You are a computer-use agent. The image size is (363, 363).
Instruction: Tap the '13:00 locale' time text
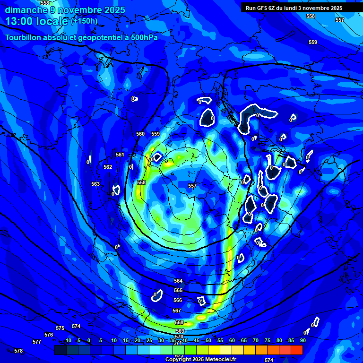(x=37, y=21)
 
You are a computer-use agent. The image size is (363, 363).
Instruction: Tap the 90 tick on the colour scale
(x=302, y=340)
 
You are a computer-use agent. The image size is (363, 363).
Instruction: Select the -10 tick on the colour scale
(x=67, y=340)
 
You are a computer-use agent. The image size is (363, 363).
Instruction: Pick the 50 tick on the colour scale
(x=208, y=340)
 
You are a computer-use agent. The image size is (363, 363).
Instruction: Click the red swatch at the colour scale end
(x=296, y=350)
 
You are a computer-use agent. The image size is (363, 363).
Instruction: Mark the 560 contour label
(x=140, y=134)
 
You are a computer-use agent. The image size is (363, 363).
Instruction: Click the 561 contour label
(x=120, y=155)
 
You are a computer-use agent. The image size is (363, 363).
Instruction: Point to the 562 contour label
(x=108, y=167)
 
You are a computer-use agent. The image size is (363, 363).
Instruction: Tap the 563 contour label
(x=95, y=184)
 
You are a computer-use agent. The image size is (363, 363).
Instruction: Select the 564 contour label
(x=178, y=281)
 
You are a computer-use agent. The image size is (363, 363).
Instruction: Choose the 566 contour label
(x=178, y=300)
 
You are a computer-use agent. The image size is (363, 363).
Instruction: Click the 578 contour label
(x=18, y=351)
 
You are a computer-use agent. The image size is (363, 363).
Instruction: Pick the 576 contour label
(x=49, y=335)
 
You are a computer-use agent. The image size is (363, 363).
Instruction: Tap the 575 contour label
(x=60, y=328)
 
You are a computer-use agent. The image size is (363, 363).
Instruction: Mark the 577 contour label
(x=37, y=341)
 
